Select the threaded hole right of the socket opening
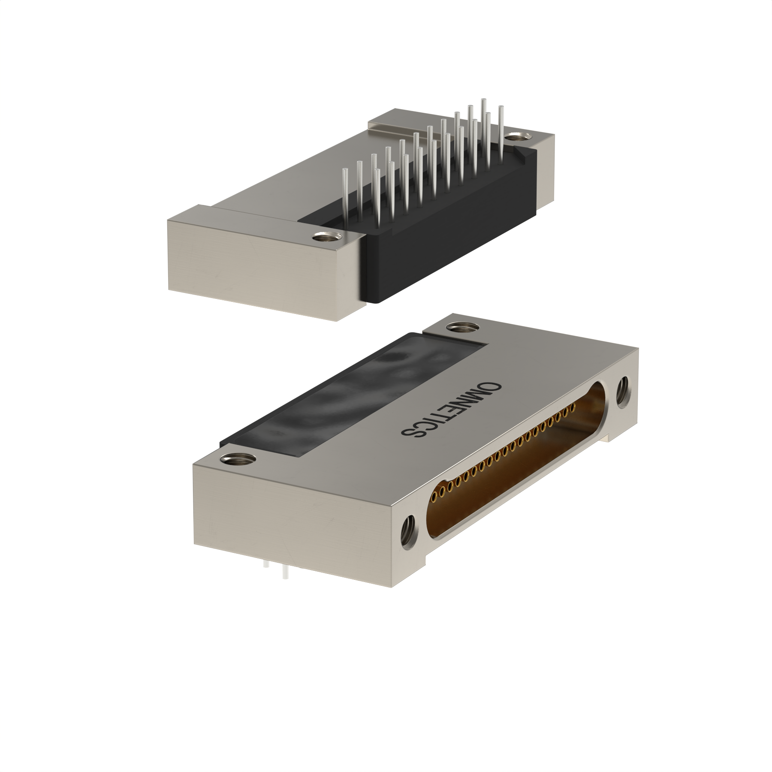point(621,393)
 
